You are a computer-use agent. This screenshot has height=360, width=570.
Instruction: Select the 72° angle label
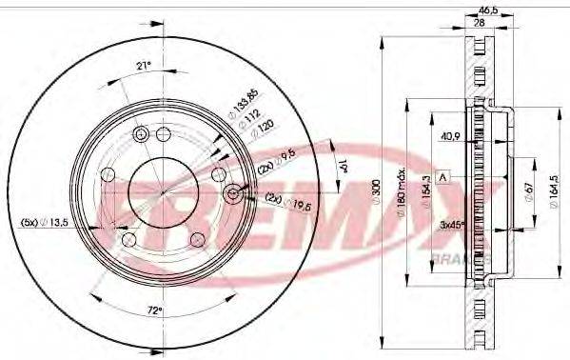coord(155,310)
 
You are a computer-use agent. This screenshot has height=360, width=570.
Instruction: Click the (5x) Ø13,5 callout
coord(43,222)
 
